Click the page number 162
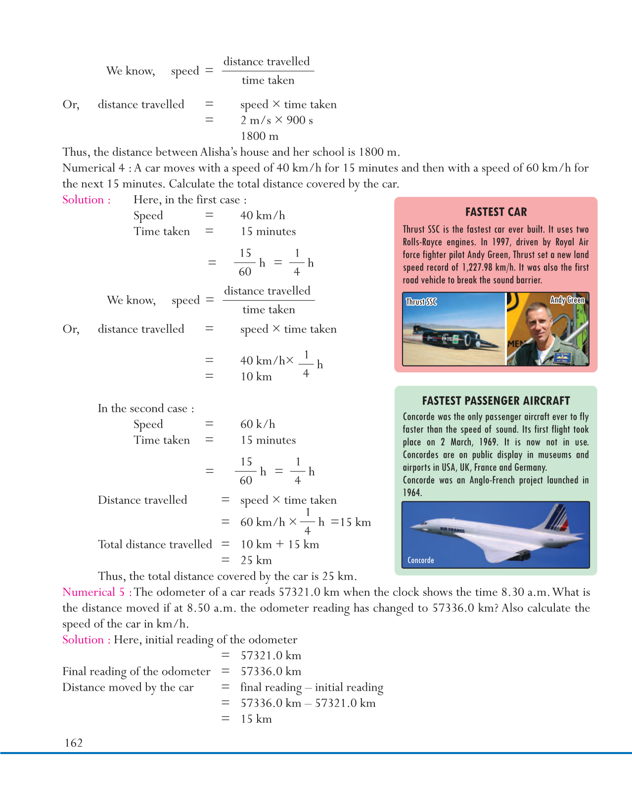(74, 743)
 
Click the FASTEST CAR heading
(496, 212)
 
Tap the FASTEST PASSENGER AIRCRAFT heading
(496, 401)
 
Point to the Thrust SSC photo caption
(421, 302)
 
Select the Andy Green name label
(567, 300)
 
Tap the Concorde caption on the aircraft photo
(421, 560)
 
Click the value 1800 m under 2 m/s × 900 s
(259, 136)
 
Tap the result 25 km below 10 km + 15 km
(256, 560)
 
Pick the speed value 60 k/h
(258, 424)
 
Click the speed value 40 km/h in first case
(263, 216)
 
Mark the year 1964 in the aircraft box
(411, 493)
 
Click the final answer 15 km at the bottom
(256, 719)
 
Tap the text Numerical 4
(93, 168)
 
